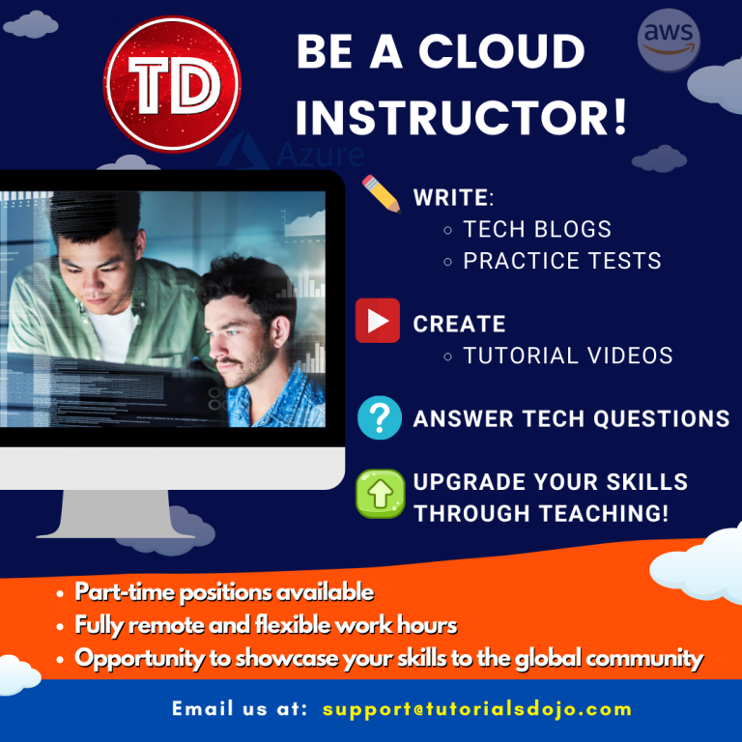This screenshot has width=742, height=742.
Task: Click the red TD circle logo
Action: coord(172,85)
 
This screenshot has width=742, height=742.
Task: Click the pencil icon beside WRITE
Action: coord(381,193)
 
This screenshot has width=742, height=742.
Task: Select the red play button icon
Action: coord(378,322)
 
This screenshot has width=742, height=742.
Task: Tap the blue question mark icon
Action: coord(380,417)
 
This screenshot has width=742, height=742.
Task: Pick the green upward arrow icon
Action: coord(380,494)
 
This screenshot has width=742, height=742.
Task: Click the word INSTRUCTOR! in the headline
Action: coord(461,116)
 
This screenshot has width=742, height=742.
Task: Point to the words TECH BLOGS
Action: coord(537,229)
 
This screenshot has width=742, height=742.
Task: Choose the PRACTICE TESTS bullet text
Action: coord(562,261)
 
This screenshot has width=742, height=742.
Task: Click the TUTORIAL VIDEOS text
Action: coord(568,356)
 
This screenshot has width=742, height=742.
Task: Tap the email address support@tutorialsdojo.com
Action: coord(477,709)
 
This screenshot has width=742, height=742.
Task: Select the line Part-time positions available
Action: coord(224,592)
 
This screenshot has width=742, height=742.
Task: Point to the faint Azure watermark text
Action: coord(319,156)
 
